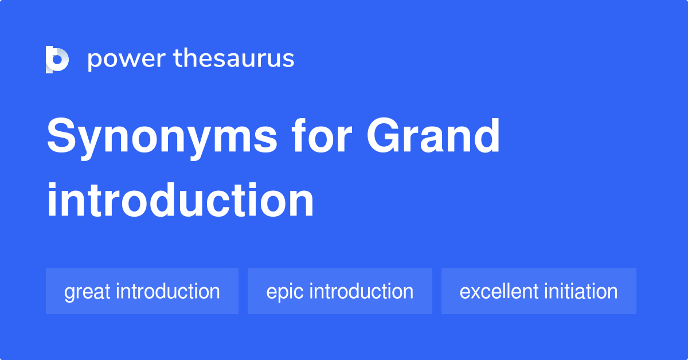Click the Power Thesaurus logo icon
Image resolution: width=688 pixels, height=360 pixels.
click(57, 59)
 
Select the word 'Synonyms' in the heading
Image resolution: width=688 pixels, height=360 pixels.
click(162, 138)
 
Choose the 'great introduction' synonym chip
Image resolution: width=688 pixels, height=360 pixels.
click(142, 291)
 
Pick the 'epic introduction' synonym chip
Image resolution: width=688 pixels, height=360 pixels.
click(339, 291)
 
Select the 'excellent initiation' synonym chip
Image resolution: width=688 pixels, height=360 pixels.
click(538, 291)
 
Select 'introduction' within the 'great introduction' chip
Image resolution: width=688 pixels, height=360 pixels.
click(167, 291)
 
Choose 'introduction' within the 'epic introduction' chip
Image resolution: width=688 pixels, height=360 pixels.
click(361, 291)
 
